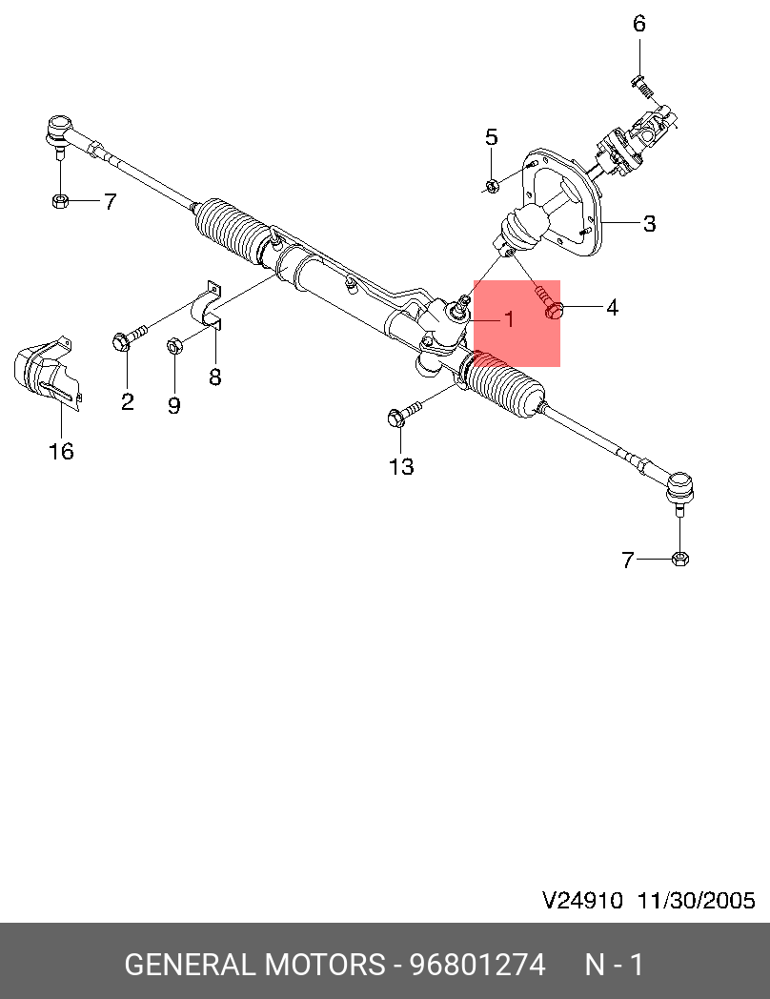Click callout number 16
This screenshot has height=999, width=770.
[x=61, y=451]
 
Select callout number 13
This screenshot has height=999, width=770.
[x=402, y=466]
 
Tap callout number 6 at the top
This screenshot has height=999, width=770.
[x=639, y=23]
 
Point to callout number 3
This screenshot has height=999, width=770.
[x=649, y=224]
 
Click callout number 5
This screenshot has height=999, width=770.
[x=492, y=137]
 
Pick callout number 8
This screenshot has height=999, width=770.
[x=215, y=377]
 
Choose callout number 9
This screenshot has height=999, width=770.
[x=173, y=406]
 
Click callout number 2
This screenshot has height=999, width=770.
[x=128, y=401]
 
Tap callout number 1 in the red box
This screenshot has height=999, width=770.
[x=509, y=319]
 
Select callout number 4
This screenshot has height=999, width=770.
[x=612, y=308]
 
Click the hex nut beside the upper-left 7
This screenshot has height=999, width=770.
[x=58, y=201]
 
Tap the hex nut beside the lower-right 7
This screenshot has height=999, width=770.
[x=679, y=559]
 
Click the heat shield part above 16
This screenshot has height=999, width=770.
[x=44, y=373]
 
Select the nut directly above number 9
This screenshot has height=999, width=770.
[x=174, y=346]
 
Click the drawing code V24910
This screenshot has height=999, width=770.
[x=582, y=900]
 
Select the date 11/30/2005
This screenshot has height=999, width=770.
[x=696, y=900]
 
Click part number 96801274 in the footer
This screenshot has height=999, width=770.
[x=476, y=965]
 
